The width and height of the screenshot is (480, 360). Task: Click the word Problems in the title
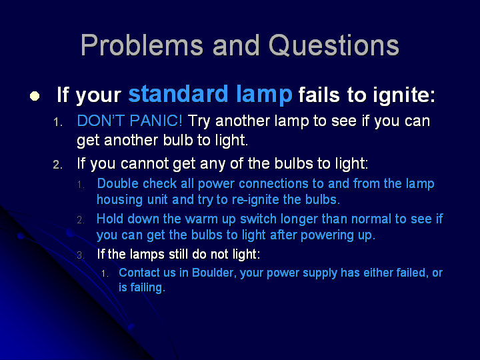click(x=142, y=45)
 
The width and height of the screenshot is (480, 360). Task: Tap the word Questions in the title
click(x=334, y=45)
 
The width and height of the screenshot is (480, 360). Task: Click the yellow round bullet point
click(x=35, y=96)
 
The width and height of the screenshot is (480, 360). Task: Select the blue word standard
click(x=179, y=94)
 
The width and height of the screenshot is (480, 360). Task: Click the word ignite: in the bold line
click(x=404, y=95)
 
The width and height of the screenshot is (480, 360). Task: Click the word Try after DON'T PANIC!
click(x=199, y=121)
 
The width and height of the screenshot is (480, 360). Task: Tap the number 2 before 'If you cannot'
click(x=57, y=165)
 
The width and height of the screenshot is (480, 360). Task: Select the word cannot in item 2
click(x=145, y=163)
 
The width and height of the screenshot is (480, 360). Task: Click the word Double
click(x=117, y=184)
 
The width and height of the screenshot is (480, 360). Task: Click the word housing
click(x=120, y=200)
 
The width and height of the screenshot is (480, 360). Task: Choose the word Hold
click(x=110, y=219)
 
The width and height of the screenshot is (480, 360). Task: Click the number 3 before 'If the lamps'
click(x=80, y=255)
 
